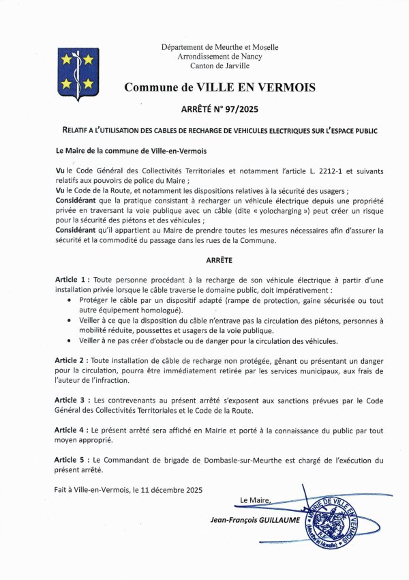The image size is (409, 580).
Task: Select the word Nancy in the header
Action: [249, 57]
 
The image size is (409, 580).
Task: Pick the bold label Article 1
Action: [72, 280]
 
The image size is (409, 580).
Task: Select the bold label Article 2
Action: [72, 360]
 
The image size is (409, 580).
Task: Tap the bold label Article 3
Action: [72, 400]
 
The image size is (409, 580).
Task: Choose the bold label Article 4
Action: [72, 431]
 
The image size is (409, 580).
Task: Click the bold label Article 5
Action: [72, 461]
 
